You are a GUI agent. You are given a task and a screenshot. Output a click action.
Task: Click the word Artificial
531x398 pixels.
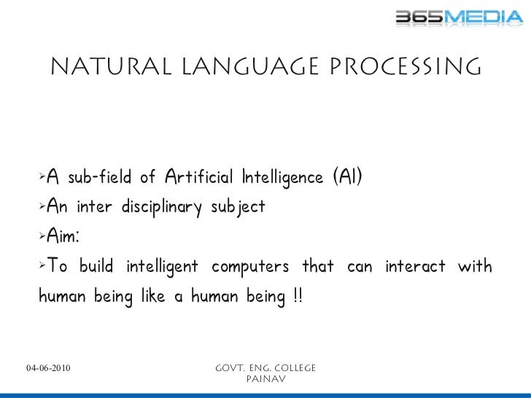[x=195, y=177]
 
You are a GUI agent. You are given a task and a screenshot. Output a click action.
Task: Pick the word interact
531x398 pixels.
[x=414, y=267]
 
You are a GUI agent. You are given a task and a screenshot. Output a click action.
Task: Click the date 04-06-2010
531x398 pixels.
[x=48, y=368]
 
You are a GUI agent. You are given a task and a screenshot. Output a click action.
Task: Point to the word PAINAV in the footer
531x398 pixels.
[x=265, y=379]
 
